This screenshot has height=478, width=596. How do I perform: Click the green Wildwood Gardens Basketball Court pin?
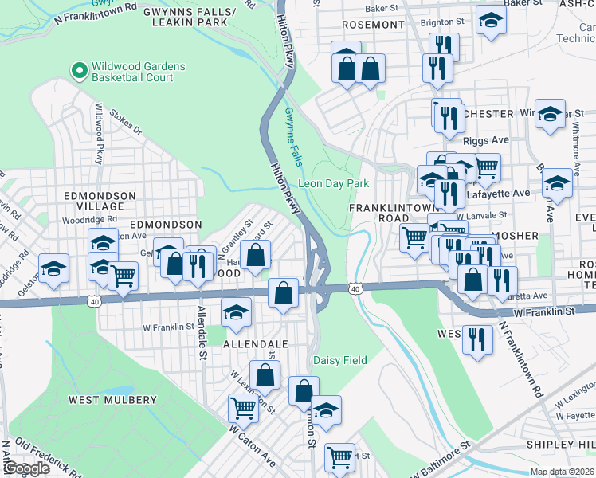point(79,72)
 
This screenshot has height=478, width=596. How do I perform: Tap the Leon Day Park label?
point(333,183)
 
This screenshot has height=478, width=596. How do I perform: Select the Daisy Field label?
point(339,361)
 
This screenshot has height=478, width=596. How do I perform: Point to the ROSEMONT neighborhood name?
point(373,25)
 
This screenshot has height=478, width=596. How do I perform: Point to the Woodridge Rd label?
point(89,218)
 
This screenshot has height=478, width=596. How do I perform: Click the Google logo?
point(26,468)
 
